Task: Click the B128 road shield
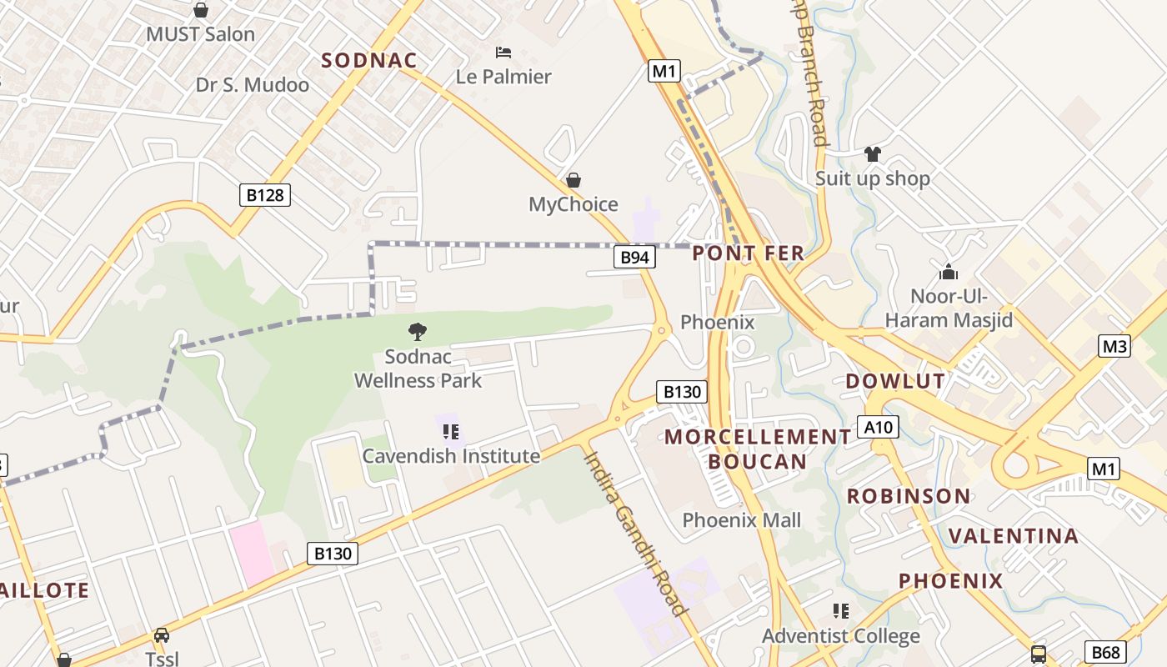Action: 266,195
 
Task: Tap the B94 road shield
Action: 634,258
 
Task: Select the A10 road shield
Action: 879,428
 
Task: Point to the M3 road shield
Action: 1114,346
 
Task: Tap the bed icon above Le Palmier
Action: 503,53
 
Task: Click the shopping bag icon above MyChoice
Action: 573,180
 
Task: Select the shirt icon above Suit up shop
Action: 872,154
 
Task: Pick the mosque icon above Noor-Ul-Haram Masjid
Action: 949,272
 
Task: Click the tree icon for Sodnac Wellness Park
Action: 418,332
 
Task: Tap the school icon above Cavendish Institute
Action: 451,432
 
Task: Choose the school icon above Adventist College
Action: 841,611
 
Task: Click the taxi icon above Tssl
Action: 162,635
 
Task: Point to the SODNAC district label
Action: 369,60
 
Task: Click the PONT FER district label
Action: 749,253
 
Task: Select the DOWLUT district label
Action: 895,382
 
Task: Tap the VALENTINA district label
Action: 1014,536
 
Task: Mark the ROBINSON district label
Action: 909,497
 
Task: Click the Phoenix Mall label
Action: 742,520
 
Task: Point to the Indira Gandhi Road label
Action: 635,534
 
